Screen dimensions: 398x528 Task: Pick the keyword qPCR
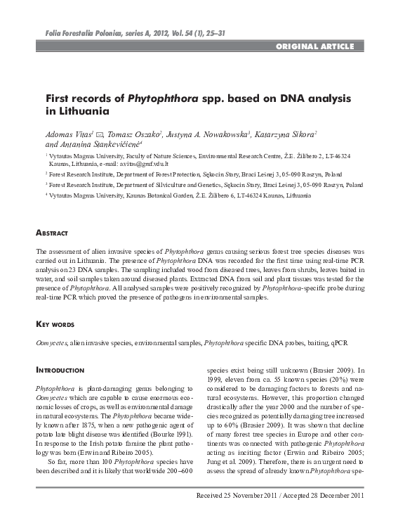pyautogui.click(x=338, y=342)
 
